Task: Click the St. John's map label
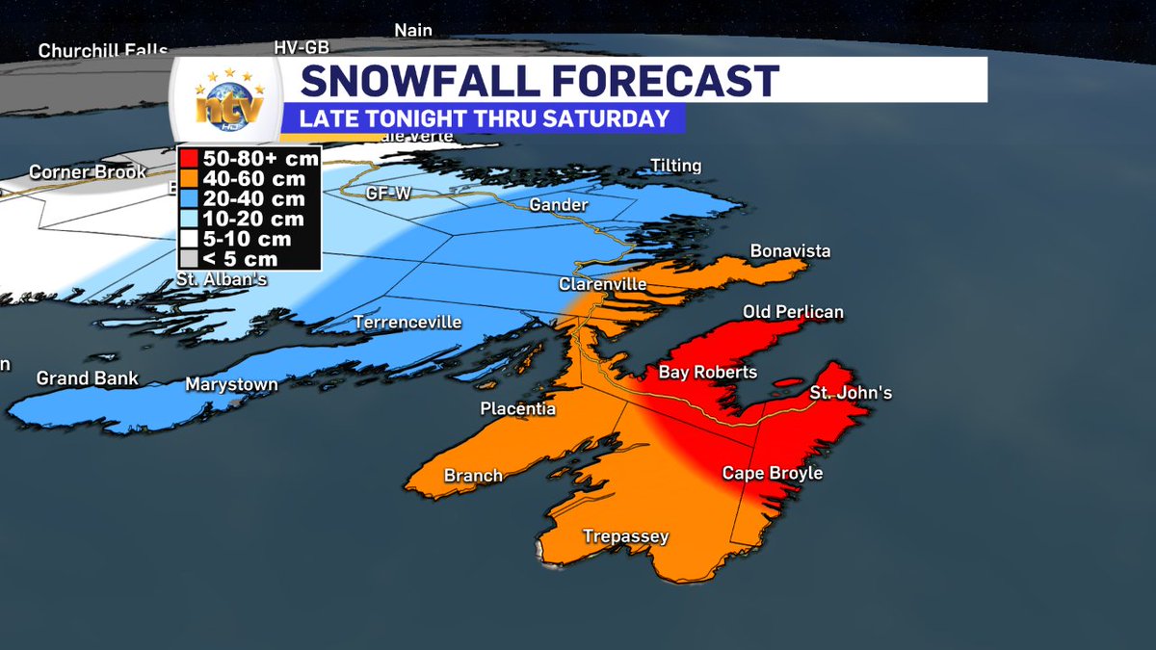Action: pos(851,393)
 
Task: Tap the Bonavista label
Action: pos(790,251)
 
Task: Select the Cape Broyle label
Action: pos(773,474)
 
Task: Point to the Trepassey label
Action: pos(625,536)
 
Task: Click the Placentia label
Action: pos(518,409)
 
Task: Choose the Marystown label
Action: pos(231,384)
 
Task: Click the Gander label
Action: pos(552,204)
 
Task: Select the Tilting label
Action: pos(675,166)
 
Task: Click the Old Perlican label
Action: pos(793,312)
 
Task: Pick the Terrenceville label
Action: pos(407,322)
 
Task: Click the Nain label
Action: pos(412,31)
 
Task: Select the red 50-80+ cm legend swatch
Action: pos(188,159)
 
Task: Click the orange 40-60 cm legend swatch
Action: pos(188,179)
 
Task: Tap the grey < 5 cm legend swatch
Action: pos(188,259)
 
